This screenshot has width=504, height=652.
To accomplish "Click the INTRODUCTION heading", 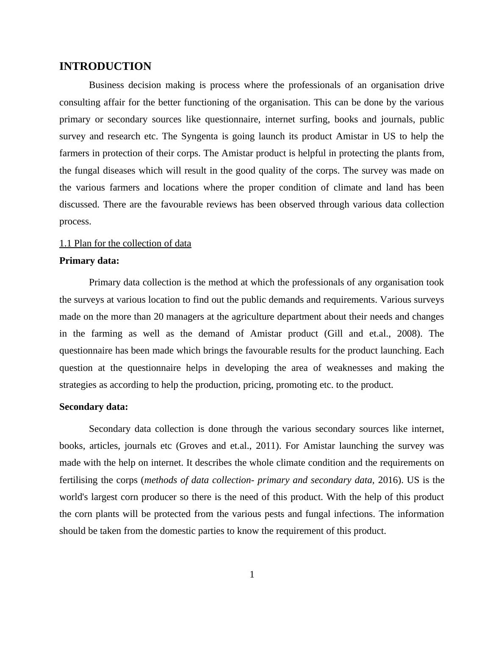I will click(x=105, y=66).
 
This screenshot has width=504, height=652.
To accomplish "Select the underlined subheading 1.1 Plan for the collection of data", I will click(x=125, y=243).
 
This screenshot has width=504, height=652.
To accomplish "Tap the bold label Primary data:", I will click(x=89, y=261).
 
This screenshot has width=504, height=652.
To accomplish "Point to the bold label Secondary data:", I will click(x=93, y=407).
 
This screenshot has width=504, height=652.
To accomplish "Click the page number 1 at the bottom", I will click(x=252, y=575).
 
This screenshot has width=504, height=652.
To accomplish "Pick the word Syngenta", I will click(x=199, y=136).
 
